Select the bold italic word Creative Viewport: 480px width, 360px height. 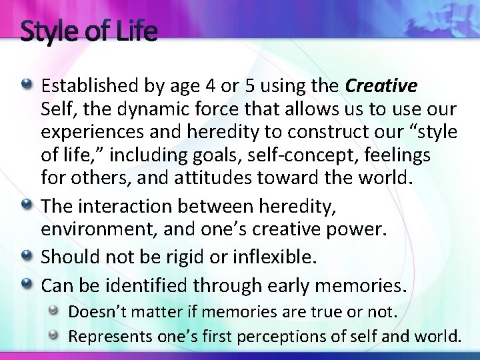(x=382, y=86)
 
